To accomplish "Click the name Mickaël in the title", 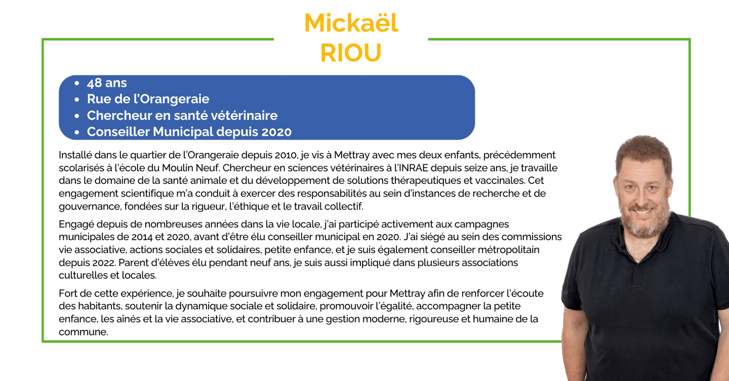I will tap(351, 23).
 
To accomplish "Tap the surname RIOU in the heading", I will tap(351, 53).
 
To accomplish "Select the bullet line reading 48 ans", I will tap(107, 83).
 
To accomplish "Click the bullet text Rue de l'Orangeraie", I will tap(148, 99).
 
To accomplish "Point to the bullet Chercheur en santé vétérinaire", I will tap(182, 116).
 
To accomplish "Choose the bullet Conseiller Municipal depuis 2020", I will tap(189, 132).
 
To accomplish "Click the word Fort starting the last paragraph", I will tap(68, 294).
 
